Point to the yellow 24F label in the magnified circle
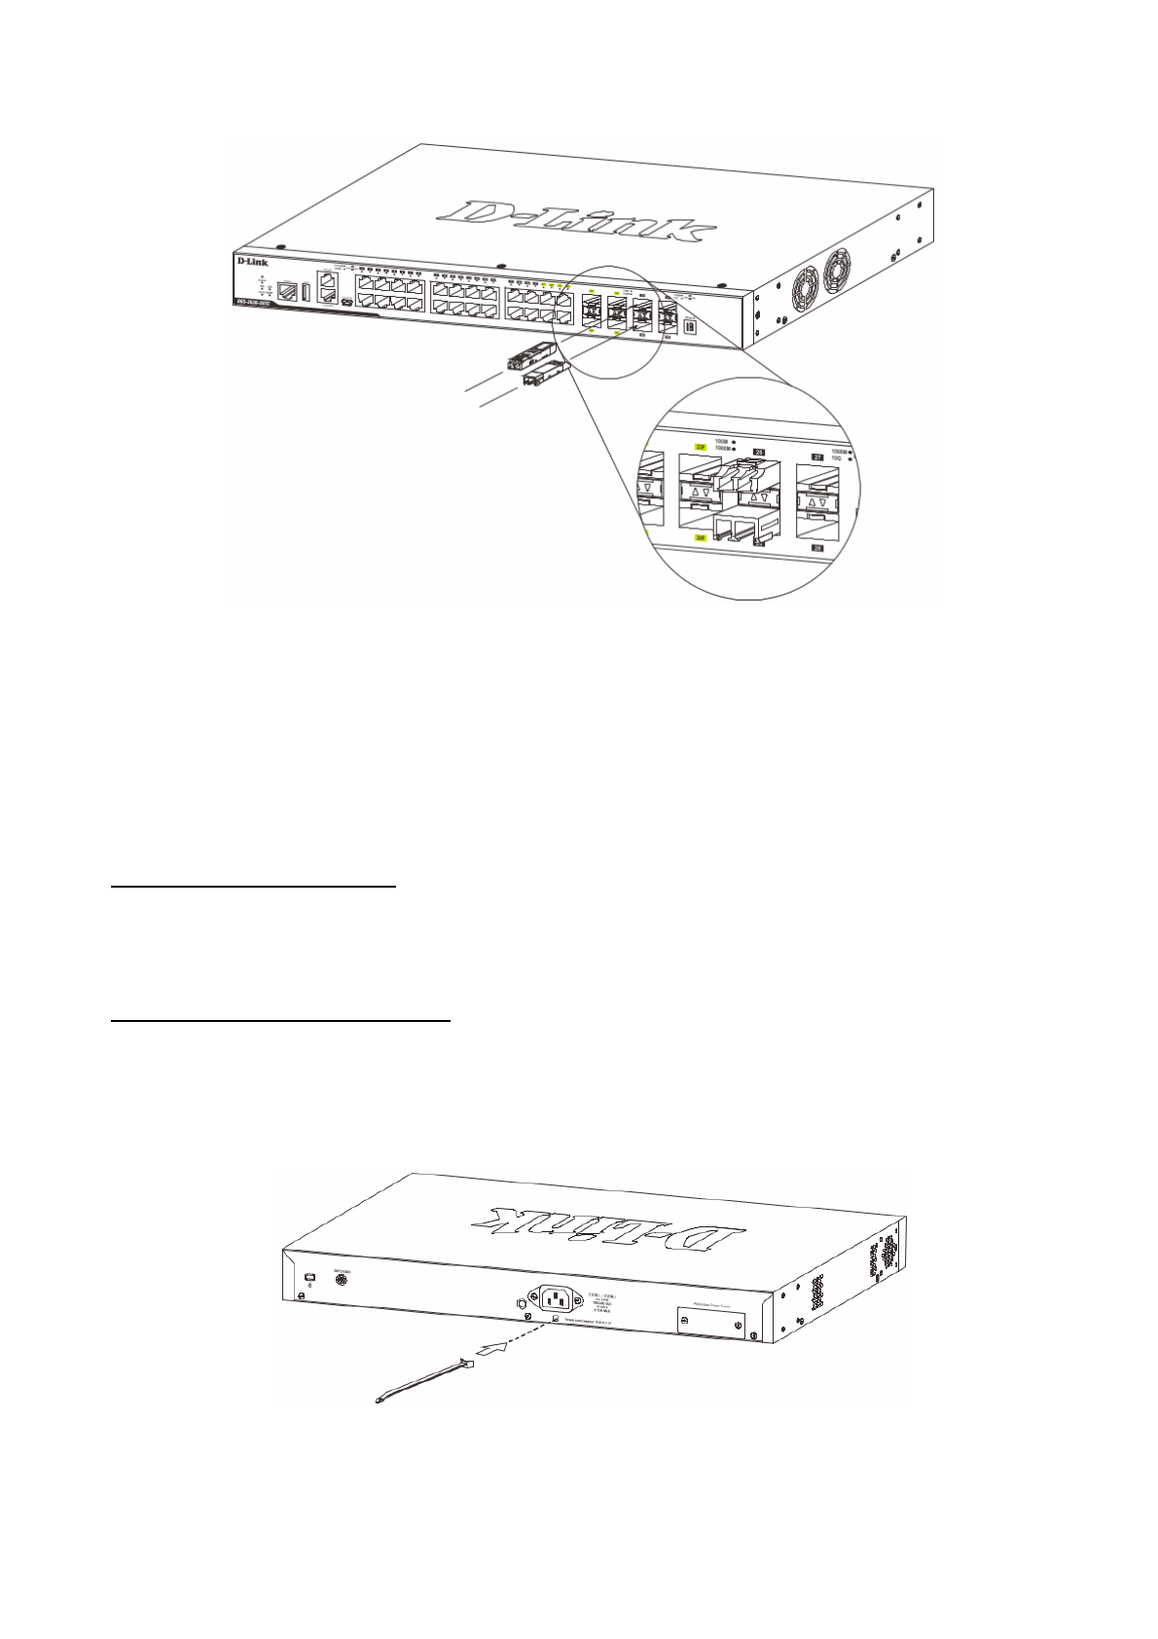click(700, 536)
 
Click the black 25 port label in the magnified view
click(760, 452)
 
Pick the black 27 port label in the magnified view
click(817, 455)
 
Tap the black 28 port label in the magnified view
click(817, 548)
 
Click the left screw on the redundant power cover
click(684, 1321)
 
